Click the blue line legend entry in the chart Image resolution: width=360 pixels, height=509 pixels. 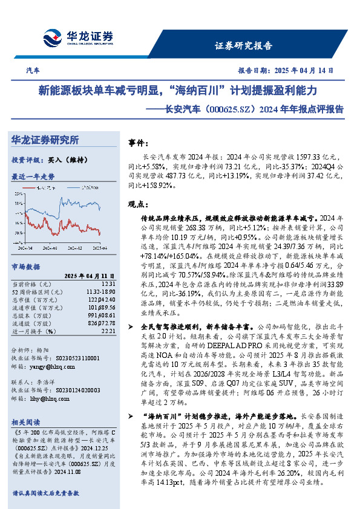click(88, 188)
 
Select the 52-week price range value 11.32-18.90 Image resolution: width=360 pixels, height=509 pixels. click(100, 291)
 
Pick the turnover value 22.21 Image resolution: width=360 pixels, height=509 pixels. click(108, 331)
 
